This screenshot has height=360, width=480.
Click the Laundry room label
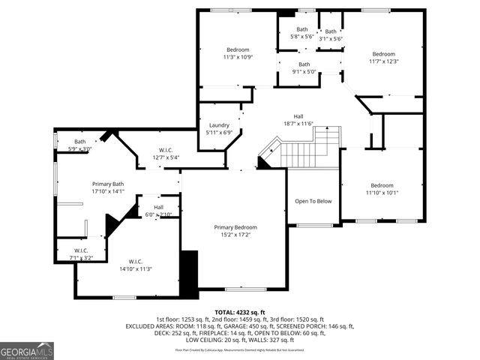click(219, 125)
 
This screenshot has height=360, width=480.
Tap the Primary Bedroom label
click(235, 227)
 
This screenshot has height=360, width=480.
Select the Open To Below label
click(313, 201)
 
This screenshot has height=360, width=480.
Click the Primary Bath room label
click(107, 184)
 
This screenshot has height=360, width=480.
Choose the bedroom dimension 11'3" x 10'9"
click(237, 57)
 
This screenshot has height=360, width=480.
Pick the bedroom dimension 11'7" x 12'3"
click(383, 61)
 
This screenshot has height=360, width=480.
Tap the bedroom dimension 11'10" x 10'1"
click(382, 193)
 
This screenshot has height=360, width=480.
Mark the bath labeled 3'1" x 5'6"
click(331, 34)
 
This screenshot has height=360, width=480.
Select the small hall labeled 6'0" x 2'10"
click(158, 211)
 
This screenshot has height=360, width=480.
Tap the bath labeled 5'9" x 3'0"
click(79, 145)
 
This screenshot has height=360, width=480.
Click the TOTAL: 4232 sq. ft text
click(240, 312)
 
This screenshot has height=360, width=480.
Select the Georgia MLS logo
click(27, 351)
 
